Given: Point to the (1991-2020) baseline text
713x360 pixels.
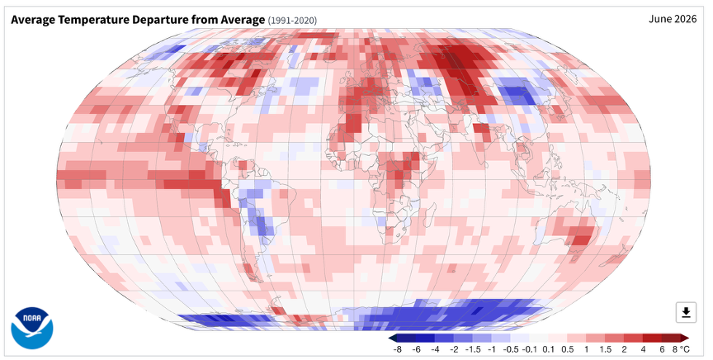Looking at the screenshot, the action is click(292, 21).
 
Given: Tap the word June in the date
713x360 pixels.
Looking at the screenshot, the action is click(659, 19).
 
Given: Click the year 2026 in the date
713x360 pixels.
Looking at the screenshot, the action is click(685, 19).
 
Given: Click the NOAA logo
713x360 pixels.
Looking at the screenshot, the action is click(32, 328).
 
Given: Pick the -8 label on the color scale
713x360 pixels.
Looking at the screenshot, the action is click(397, 349).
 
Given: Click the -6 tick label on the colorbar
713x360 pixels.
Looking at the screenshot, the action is click(416, 349).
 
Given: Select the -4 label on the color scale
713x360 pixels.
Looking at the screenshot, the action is click(435, 349).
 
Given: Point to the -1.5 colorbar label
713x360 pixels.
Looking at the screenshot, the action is click(473, 349).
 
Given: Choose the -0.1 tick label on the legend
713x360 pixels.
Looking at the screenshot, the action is click(529, 349).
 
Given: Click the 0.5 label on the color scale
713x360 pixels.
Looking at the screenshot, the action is click(568, 349).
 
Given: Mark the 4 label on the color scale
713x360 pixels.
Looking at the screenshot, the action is click(643, 349).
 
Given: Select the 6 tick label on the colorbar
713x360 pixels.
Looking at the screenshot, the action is click(662, 349).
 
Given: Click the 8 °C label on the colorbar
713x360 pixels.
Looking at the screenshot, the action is click(680, 349).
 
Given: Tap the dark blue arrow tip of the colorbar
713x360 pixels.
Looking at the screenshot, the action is click(390, 338).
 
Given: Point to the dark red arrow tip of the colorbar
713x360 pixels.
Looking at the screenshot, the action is click(688, 338).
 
